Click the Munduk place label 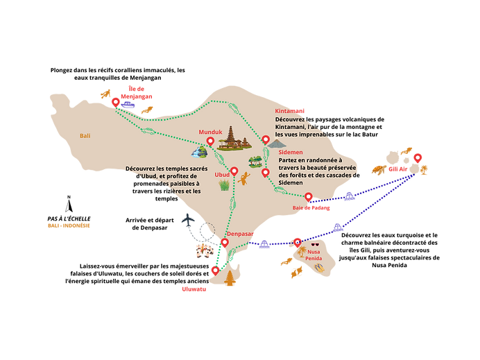(210, 131)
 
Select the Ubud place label (221, 175)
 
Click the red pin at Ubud (234, 171)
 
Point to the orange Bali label (85, 136)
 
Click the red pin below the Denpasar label (224, 243)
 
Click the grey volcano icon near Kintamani (277, 144)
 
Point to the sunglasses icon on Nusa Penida (315, 244)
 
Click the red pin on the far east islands (417, 157)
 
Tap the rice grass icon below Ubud (225, 185)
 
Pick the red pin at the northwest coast (115, 101)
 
